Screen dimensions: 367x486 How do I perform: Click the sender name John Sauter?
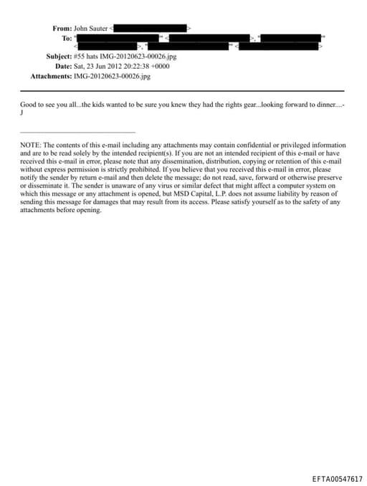click(91, 29)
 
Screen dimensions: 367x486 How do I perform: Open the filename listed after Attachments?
click(113, 75)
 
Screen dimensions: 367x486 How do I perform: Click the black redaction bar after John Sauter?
click(151, 29)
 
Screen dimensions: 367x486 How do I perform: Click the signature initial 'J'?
click(22, 113)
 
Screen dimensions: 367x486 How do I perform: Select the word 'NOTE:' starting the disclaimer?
click(30, 145)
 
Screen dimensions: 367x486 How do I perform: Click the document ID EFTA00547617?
click(337, 478)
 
